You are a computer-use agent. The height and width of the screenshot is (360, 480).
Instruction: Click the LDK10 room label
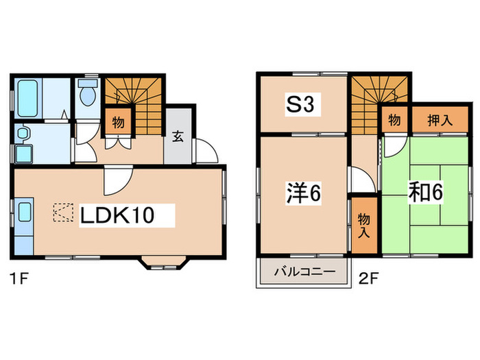point(117,215)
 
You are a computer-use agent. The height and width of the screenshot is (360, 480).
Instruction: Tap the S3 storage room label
point(300,104)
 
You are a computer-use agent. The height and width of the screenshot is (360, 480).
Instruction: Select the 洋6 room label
point(303,193)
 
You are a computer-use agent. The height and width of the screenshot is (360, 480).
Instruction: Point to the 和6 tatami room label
point(426,193)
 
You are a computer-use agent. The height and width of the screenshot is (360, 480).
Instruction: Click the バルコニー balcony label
point(304,272)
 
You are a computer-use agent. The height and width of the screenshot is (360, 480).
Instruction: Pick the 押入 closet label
point(440,120)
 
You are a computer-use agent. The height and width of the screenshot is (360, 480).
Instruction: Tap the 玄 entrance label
point(178,136)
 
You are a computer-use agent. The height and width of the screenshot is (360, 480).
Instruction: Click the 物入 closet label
point(364,226)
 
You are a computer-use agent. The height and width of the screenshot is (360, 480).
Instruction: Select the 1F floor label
point(19,278)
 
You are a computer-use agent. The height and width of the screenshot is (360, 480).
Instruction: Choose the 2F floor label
point(368,278)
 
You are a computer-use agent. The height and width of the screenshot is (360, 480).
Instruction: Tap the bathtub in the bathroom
point(27,98)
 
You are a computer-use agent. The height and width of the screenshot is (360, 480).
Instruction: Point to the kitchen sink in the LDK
point(25,212)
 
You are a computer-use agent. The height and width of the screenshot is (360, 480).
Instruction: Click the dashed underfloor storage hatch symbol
point(63,213)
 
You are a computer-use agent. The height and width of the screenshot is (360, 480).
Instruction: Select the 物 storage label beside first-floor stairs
point(118,123)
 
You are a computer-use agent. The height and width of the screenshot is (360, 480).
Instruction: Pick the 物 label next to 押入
point(394,120)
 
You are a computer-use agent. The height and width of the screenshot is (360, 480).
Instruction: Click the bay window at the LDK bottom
point(164,263)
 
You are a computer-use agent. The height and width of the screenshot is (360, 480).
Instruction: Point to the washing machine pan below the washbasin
point(23,154)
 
